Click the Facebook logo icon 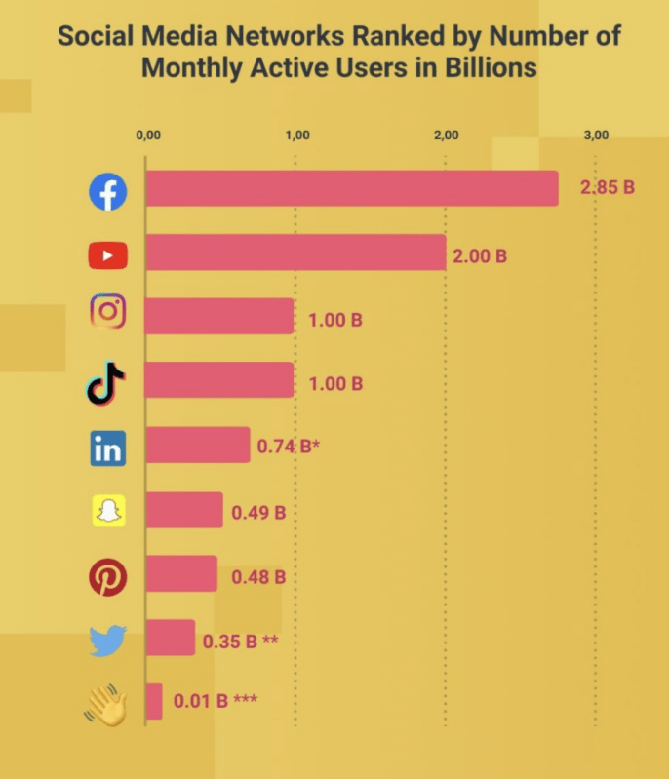coord(108,192)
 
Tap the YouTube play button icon coord(108,256)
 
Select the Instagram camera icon coord(108,313)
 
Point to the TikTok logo coord(106,381)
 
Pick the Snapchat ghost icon coord(109,510)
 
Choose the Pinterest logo coord(108,576)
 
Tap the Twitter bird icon coord(107,641)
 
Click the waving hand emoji coord(106,704)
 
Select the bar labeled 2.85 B coord(352,188)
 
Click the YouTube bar coord(295,253)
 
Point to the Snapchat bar coord(184,510)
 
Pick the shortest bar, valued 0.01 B coord(154,701)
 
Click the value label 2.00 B coord(480,257)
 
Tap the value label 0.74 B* coord(288,448)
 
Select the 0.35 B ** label coord(241,642)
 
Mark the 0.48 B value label coord(258,576)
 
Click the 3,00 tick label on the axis coord(596,136)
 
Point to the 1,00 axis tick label coord(297,136)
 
